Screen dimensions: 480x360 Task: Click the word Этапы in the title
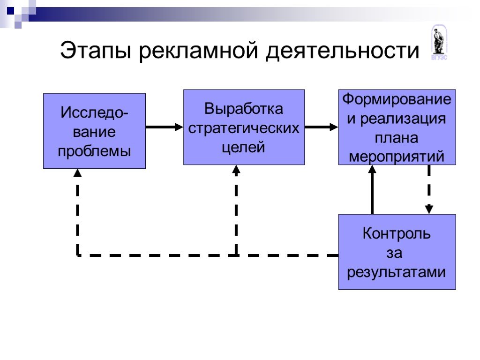(x=96, y=50)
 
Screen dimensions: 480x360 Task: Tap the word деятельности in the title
(x=342, y=50)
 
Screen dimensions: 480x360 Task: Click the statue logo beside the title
(x=439, y=42)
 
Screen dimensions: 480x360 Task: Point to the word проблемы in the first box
(x=95, y=151)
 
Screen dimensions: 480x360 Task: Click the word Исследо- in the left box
(x=94, y=112)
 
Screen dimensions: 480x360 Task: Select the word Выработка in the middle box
(x=244, y=109)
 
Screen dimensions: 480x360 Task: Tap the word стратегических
(x=244, y=128)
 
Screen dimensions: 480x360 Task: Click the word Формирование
(x=397, y=99)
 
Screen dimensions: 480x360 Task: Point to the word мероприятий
(x=397, y=157)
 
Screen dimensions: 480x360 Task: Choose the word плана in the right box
(x=397, y=138)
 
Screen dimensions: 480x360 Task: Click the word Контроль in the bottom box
(x=397, y=233)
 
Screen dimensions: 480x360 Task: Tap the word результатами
(x=397, y=272)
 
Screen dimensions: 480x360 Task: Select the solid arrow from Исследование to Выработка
(x=165, y=127)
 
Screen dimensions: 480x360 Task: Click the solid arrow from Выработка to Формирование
(x=322, y=127)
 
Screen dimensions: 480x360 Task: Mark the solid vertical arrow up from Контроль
(x=372, y=190)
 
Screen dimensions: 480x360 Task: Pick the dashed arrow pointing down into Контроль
(x=429, y=190)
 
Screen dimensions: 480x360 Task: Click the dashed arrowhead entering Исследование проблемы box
(x=78, y=173)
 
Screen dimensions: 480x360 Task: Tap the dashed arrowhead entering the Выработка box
(x=236, y=170)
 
